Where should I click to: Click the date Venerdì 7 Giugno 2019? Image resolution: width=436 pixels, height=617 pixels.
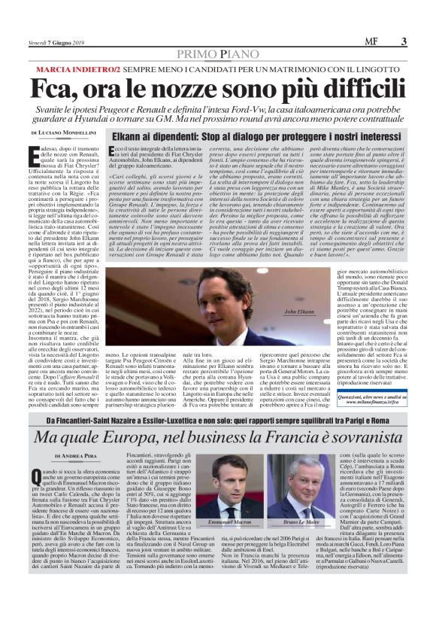point(55,43)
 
